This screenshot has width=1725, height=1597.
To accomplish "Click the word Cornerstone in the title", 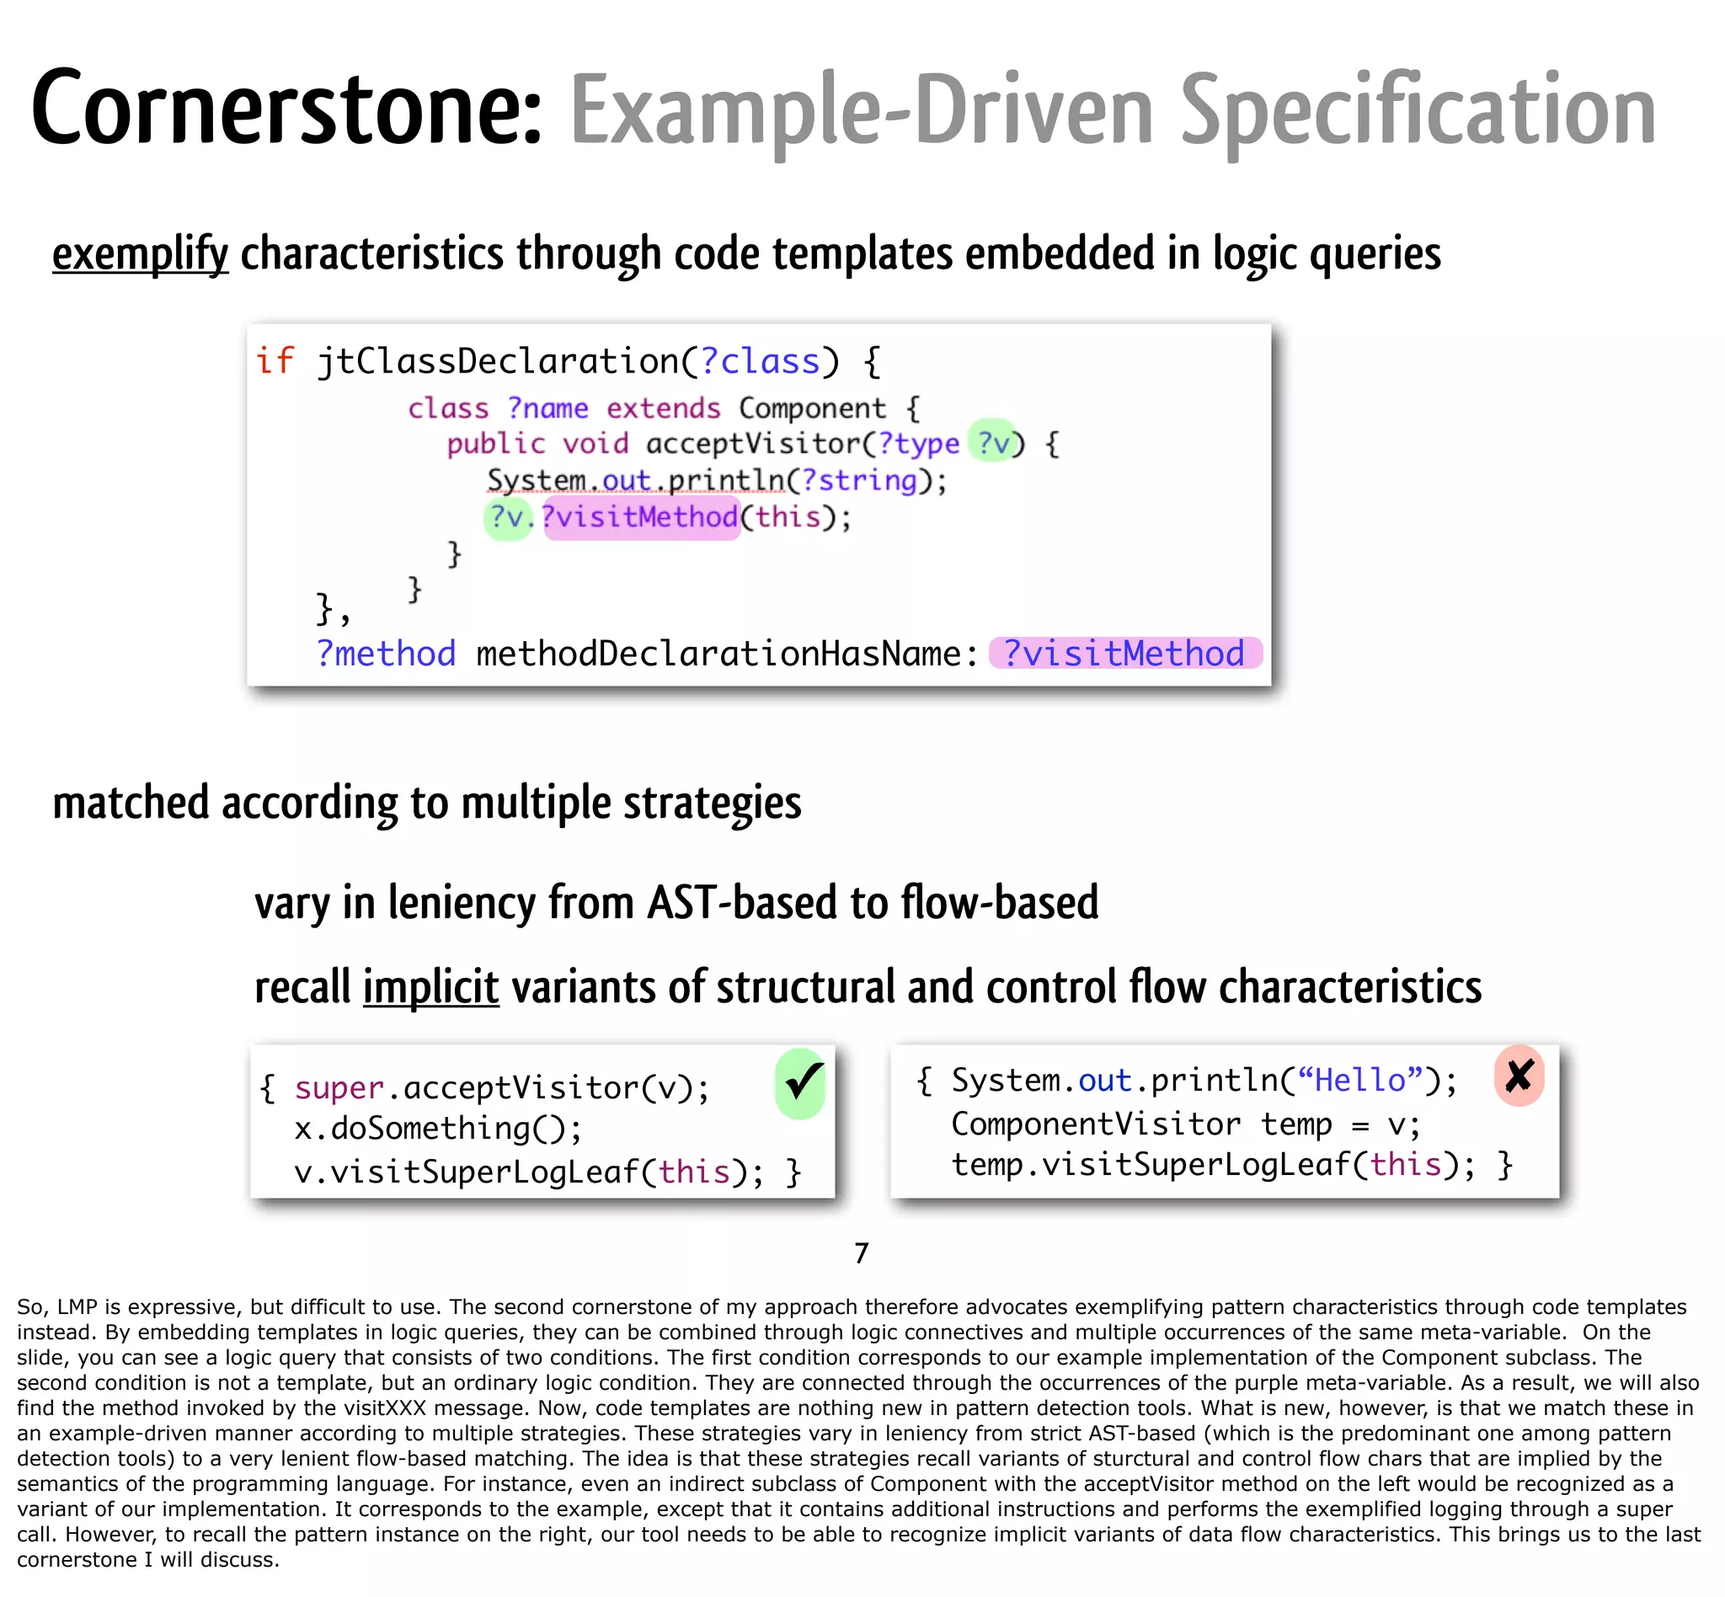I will coord(286,108).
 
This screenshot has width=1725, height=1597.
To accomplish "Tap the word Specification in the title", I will coord(1418,110).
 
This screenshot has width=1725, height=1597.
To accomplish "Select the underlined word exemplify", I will coord(140,254).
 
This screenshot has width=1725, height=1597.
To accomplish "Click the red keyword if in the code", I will coord(275,361).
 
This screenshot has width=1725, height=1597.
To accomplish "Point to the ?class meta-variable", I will coord(760,361).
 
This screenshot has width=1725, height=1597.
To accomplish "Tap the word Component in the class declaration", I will coord(812,408).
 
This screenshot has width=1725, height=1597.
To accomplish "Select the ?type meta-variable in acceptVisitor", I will coord(918,444).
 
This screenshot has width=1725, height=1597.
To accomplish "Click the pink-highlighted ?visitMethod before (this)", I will coord(640,517).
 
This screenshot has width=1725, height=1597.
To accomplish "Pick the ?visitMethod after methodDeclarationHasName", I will coord(1124,654).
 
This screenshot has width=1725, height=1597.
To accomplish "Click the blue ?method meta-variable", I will coord(386,654).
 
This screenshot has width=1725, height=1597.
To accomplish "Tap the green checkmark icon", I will coord(801,1083).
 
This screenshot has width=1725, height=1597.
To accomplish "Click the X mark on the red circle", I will coord(1519,1076).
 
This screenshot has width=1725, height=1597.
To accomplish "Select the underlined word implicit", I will coord(430,987).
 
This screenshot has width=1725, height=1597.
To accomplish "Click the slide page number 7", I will coord(861,1253).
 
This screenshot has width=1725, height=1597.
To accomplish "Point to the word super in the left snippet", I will coord(339,1088).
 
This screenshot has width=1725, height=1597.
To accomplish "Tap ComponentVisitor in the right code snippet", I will coord(1095,1124).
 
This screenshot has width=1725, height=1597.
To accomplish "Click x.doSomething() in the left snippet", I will coord(437,1129).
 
